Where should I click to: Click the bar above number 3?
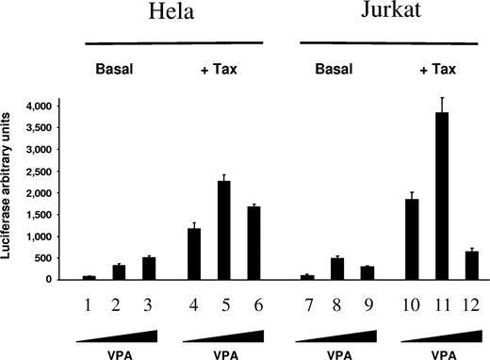coord(146,269)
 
